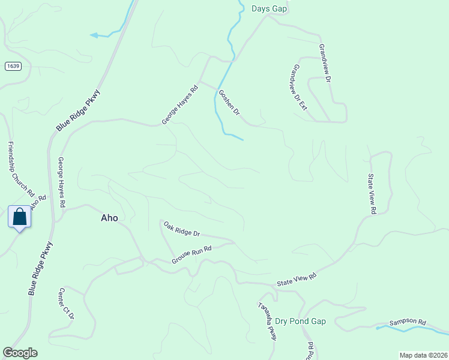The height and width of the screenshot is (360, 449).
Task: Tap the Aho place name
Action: click(109, 218)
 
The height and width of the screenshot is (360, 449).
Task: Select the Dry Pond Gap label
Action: click(300, 322)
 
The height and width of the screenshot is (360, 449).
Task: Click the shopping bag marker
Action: click(19, 217)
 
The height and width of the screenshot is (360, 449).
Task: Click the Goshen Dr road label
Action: click(229, 103)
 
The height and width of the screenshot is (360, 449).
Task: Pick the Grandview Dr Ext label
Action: click(298, 88)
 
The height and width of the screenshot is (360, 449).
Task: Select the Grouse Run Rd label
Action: click(192, 254)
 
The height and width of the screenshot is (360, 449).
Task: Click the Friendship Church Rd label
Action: click(20, 170)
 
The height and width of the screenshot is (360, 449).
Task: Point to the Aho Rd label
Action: click(38, 203)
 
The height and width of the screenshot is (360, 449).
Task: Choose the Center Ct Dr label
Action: click(66, 304)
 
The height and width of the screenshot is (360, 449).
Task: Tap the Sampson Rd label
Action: click(407, 322)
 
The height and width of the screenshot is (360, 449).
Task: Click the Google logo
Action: click(20, 353)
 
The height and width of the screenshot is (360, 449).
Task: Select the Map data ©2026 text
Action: click(423, 355)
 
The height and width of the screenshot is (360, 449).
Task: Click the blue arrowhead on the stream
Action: click(94, 35)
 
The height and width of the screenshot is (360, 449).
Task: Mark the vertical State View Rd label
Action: click(372, 194)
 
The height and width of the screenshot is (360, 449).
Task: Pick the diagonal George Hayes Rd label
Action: click(179, 104)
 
